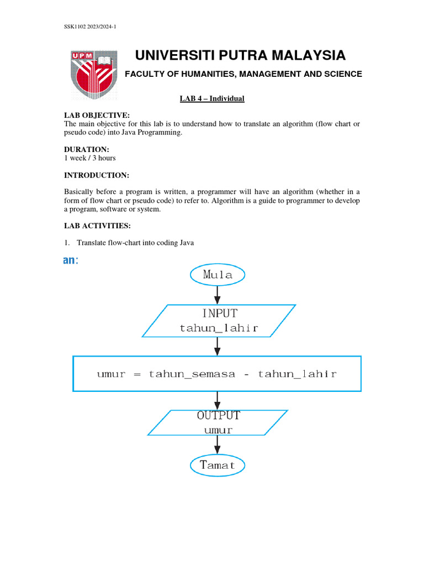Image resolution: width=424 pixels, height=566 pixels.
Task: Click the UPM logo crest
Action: [x=94, y=72]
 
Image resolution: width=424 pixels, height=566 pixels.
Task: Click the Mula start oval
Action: [x=217, y=274]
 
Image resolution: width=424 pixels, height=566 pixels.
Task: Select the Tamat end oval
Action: [x=217, y=465]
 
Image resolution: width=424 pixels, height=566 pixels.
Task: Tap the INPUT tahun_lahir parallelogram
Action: [x=219, y=321]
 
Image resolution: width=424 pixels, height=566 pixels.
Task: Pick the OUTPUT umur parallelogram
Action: [x=218, y=422]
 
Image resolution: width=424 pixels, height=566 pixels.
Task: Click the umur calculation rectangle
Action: [x=217, y=374]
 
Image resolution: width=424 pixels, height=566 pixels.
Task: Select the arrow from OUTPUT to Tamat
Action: [x=218, y=444]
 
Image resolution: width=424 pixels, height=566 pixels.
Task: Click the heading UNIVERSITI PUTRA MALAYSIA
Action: [x=240, y=55]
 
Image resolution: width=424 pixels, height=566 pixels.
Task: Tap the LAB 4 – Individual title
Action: [x=212, y=99]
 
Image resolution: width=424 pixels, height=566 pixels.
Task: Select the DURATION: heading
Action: [x=87, y=149]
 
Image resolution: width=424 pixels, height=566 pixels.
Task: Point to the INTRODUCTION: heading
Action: [x=97, y=175]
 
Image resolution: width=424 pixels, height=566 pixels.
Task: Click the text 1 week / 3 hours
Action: [x=90, y=158]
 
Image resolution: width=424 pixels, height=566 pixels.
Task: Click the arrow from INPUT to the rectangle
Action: [x=218, y=347]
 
